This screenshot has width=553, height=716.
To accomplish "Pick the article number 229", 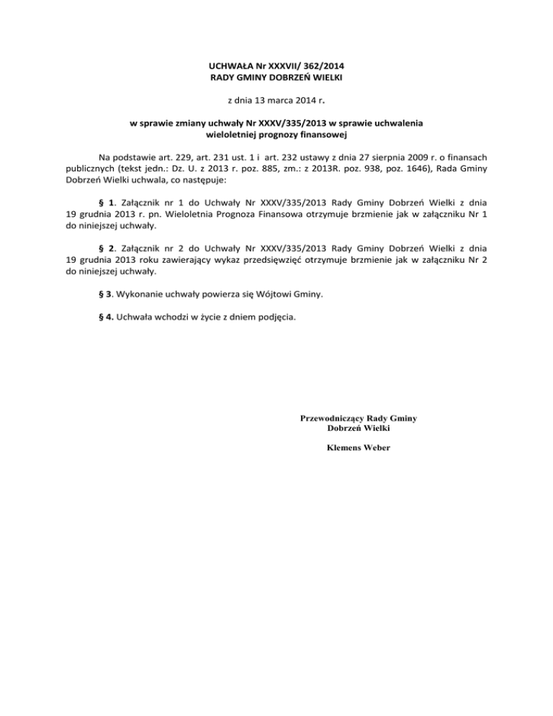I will click(176, 156).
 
